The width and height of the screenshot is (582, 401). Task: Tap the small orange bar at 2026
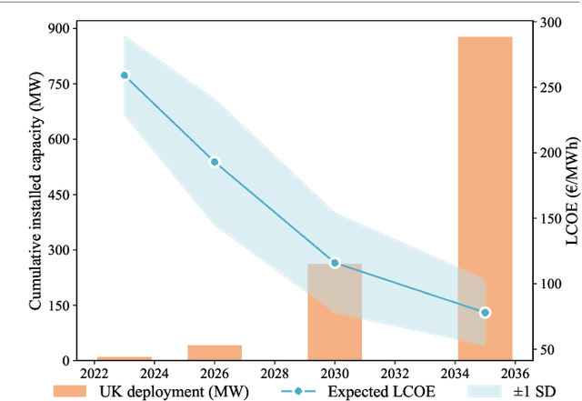point(215,353)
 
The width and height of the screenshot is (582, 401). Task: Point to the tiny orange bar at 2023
point(125,358)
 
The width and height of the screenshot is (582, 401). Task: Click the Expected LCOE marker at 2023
point(125,75)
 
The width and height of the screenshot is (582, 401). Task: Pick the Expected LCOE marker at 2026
point(215,162)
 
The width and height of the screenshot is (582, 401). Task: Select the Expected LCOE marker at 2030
point(335,263)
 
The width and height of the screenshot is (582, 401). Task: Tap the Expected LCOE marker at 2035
point(485,312)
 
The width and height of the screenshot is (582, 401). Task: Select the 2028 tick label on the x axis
point(275,373)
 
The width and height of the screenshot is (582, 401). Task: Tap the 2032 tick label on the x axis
point(395,373)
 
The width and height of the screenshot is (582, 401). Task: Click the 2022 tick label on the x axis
point(95,373)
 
